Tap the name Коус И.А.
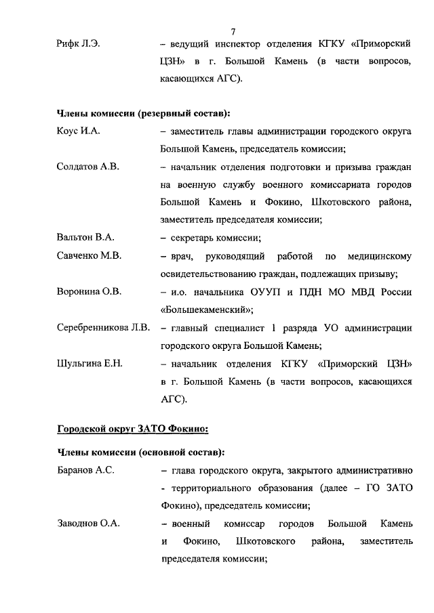tap(79, 131)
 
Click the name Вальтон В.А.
tap(85, 237)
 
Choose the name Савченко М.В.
tap(88, 256)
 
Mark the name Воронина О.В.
tap(89, 292)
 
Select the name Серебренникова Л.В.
tap(103, 328)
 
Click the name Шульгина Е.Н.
tap(90, 364)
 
